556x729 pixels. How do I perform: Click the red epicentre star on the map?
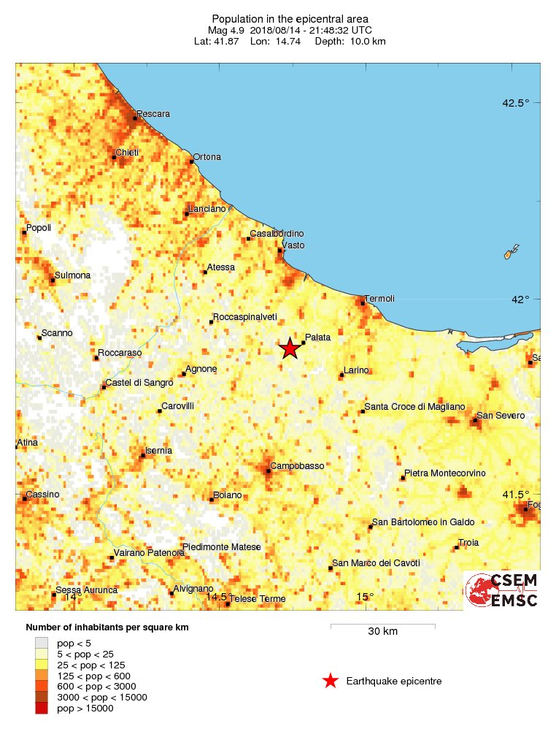coord(290,348)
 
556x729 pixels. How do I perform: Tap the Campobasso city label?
coord(297,465)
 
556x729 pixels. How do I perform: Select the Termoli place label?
coord(379,298)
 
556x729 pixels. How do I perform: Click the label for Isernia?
coord(159,451)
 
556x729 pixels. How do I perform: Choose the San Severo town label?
coord(501,416)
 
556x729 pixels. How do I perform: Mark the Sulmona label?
coord(74,275)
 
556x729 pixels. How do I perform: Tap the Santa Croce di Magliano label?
coord(414,406)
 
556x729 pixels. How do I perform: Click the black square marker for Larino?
coord(341,376)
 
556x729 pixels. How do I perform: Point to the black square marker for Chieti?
coord(115,156)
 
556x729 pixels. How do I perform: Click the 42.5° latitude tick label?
coord(515,102)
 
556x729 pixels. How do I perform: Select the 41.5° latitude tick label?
coord(515,494)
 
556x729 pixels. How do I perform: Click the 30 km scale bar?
coord(382,626)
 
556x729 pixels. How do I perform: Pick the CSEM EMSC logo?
coord(502,590)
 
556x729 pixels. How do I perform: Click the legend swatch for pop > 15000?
coord(42,708)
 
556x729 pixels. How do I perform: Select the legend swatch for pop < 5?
coord(42,643)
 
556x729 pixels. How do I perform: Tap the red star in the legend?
coord(331,682)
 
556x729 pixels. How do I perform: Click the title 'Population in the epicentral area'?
coord(290,18)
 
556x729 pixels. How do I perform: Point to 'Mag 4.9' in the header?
coord(226,30)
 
